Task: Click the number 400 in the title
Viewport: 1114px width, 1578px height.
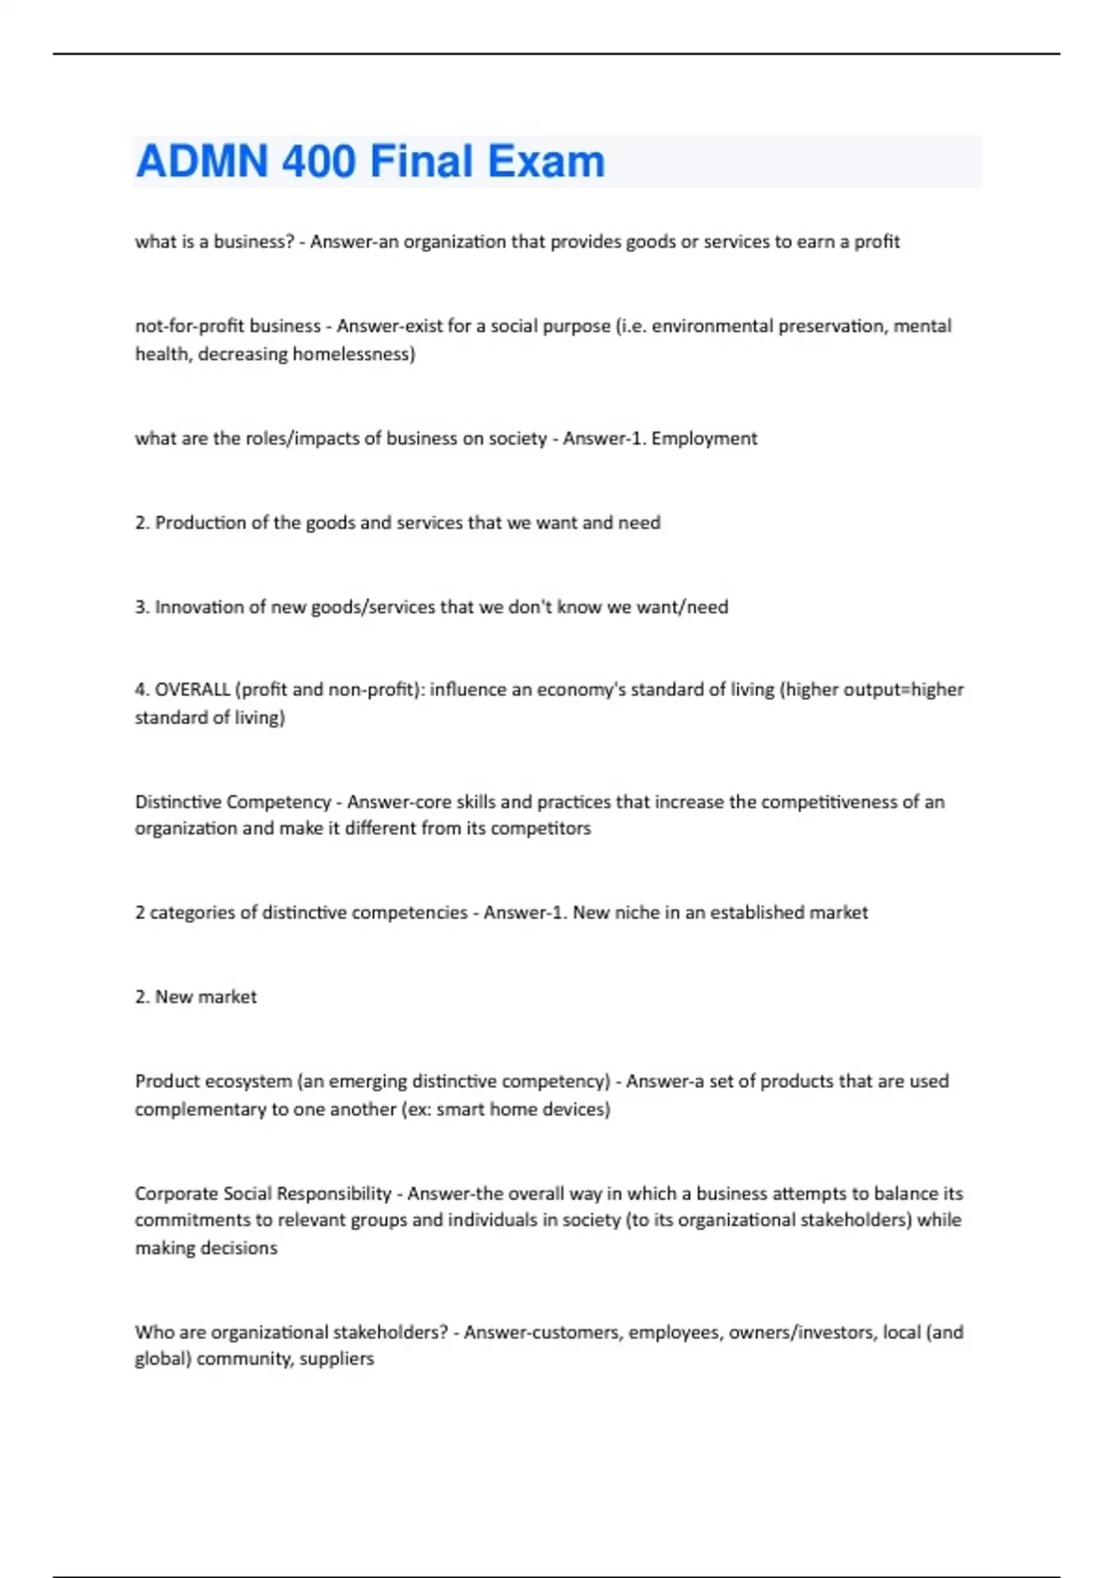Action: pos(318,162)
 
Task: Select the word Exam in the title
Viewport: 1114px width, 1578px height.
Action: pos(546,162)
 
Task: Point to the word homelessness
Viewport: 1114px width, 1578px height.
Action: pos(353,354)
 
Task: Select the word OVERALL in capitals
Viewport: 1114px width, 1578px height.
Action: pos(192,690)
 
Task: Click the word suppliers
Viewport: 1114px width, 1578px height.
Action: pos(337,1359)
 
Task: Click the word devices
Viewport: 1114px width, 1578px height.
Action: pos(573,1109)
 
